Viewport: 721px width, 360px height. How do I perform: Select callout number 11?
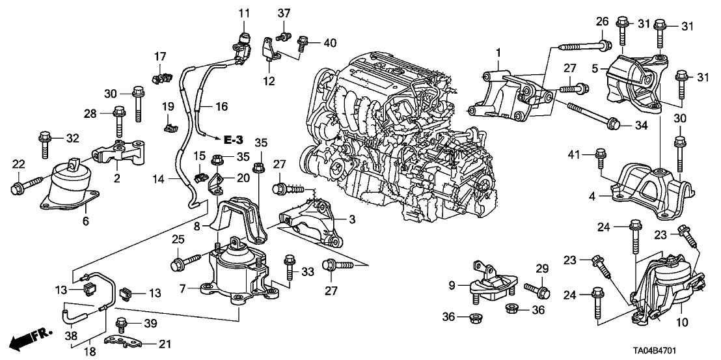243,12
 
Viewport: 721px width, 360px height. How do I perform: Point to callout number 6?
85,222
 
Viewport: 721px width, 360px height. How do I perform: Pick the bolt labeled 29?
538,287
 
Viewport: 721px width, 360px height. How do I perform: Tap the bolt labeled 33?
290,268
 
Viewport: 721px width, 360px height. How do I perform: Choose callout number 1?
499,51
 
